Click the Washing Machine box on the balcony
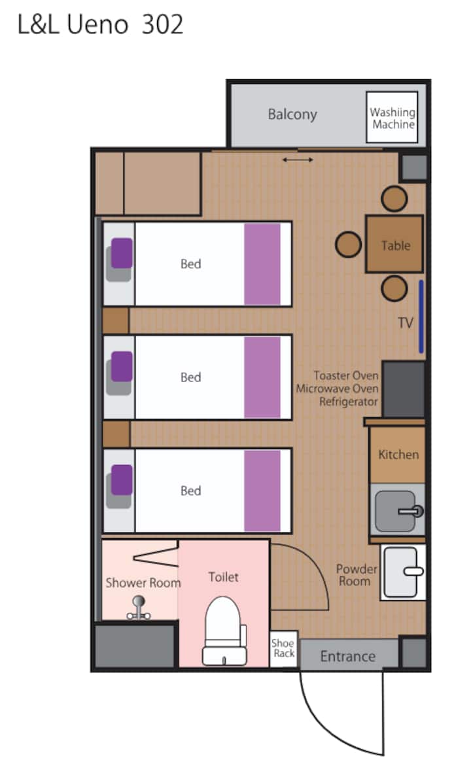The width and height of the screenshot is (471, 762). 392,117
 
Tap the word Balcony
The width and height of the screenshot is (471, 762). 292,114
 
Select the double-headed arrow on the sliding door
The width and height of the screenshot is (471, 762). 298,160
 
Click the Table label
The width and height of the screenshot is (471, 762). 396,245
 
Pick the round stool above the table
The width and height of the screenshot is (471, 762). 394,198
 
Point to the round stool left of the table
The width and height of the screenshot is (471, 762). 348,244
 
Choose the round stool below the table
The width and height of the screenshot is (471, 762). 394,288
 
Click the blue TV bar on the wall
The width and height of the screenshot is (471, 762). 421,317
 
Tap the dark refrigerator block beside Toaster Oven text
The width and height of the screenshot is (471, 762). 404,389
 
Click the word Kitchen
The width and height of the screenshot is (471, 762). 398,455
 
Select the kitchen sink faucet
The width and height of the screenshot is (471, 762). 411,511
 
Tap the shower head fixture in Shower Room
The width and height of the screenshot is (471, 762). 139,608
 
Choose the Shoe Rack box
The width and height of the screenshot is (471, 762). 283,649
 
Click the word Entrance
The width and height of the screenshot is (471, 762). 347,657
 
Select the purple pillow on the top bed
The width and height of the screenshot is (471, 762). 122,252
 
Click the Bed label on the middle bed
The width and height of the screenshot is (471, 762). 190,377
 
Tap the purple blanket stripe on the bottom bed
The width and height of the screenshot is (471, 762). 262,491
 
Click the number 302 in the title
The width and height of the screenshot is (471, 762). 162,24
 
